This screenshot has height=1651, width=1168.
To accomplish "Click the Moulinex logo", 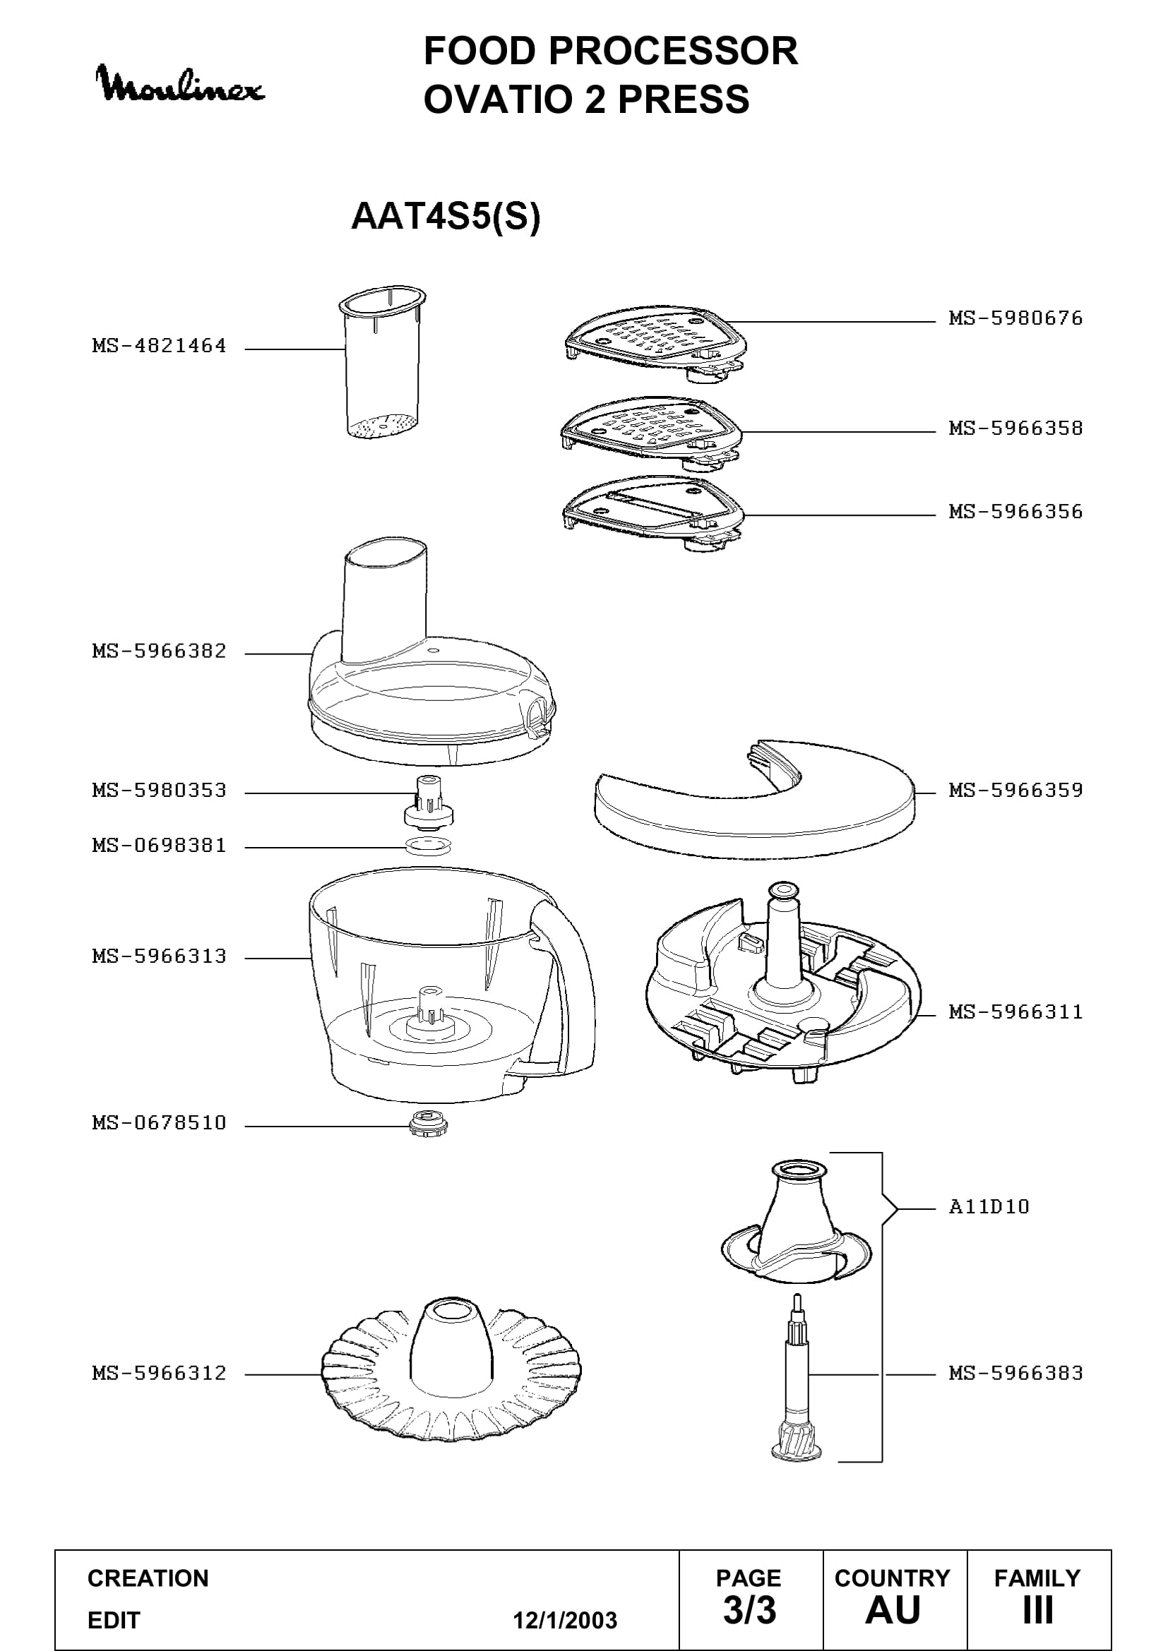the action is (181, 85).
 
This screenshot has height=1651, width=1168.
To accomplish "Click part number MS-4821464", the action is (159, 346).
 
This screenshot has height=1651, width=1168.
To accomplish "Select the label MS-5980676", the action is (1015, 318).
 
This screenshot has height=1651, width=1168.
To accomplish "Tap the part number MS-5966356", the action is (1015, 512).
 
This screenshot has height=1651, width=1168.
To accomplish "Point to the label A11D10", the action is (989, 1206).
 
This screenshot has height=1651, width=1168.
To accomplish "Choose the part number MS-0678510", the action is (159, 1123).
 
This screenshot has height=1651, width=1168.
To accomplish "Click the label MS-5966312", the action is (159, 1374).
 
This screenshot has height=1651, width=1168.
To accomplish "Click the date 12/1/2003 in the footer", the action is (565, 1621).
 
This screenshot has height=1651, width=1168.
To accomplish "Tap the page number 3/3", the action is (749, 1611).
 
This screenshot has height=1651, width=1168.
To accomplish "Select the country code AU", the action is (893, 1611).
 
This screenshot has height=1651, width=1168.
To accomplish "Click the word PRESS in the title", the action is (684, 100).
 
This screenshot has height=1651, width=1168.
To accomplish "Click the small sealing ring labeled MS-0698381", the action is (428, 846).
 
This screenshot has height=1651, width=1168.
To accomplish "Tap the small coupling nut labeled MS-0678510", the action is (426, 1123).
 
